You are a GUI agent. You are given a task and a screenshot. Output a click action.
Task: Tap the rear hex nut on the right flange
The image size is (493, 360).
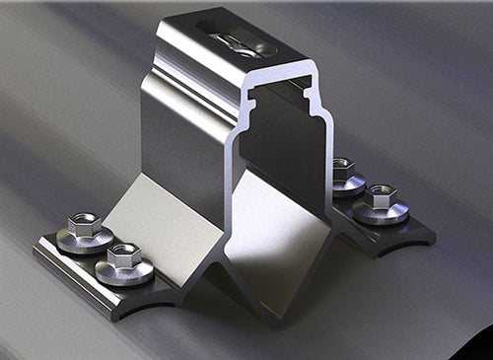(342, 168)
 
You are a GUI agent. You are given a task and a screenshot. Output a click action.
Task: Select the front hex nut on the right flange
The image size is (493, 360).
(381, 194)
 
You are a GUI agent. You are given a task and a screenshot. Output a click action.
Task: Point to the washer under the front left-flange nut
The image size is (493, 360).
(124, 272)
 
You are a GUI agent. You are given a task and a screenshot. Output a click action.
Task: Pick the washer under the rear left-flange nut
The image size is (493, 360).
(83, 239)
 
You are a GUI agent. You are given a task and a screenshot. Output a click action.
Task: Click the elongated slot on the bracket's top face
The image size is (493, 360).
(236, 38)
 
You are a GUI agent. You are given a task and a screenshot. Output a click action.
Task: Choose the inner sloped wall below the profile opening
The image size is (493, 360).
(286, 237)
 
